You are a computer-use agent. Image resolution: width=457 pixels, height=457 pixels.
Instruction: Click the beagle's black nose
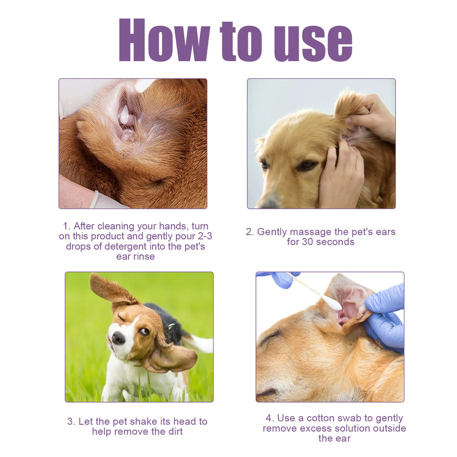click(118, 338)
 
